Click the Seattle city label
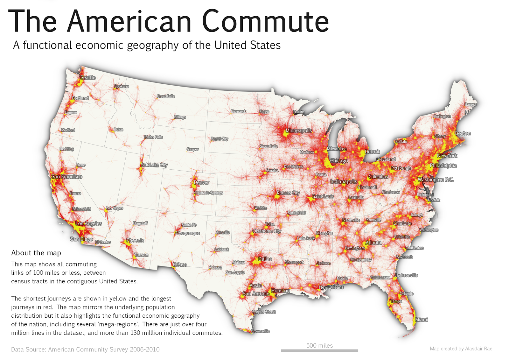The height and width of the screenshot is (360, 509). click(88, 77)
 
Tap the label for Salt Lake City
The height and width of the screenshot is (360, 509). click(154, 165)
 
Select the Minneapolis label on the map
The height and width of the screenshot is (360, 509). click(298, 131)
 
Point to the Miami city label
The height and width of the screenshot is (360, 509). click(422, 320)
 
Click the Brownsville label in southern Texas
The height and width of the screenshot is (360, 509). click(260, 331)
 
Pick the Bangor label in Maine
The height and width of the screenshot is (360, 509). click(471, 104)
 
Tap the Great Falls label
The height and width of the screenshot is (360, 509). click(165, 96)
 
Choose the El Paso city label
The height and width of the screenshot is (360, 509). click(180, 265)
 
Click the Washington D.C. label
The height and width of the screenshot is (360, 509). click(436, 180)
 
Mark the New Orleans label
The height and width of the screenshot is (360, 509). click(331, 287)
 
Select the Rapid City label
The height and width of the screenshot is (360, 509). click(220, 139)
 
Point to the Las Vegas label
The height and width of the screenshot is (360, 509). click(115, 208)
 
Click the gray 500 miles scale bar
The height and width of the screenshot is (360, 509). click(319, 350)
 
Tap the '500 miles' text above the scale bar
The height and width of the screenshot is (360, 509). click(319, 345)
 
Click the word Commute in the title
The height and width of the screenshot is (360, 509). click(265, 22)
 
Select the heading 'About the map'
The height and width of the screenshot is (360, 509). click(36, 253)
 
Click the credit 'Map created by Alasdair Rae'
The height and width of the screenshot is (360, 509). click(461, 349)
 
